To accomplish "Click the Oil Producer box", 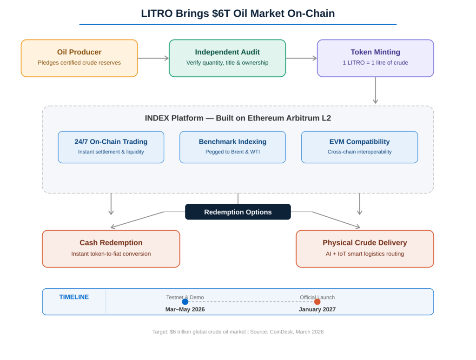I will point(79,58).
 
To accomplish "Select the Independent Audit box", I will point(227,58).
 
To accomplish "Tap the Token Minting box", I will point(375,58).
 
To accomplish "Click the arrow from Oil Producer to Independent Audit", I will point(153,58).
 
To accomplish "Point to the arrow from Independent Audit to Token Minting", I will point(301,58).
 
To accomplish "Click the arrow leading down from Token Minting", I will point(375,91).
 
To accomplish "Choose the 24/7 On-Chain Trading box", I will point(111,147).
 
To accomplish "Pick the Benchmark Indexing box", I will point(232,147).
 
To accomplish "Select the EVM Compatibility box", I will point(359,147).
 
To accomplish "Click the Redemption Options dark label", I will point(238,212).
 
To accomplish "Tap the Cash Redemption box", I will point(111,248).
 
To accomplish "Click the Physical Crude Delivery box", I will point(364,248).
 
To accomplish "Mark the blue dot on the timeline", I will point(185,302).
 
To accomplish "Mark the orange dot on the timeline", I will point(317,302).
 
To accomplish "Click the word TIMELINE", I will point(74,297).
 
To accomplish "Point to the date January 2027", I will point(317,309).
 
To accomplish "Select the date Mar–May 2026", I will point(185,309).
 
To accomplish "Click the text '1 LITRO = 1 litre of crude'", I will point(375,63).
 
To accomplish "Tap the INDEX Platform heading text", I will point(238,118).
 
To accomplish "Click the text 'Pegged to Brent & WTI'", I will point(232,152).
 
